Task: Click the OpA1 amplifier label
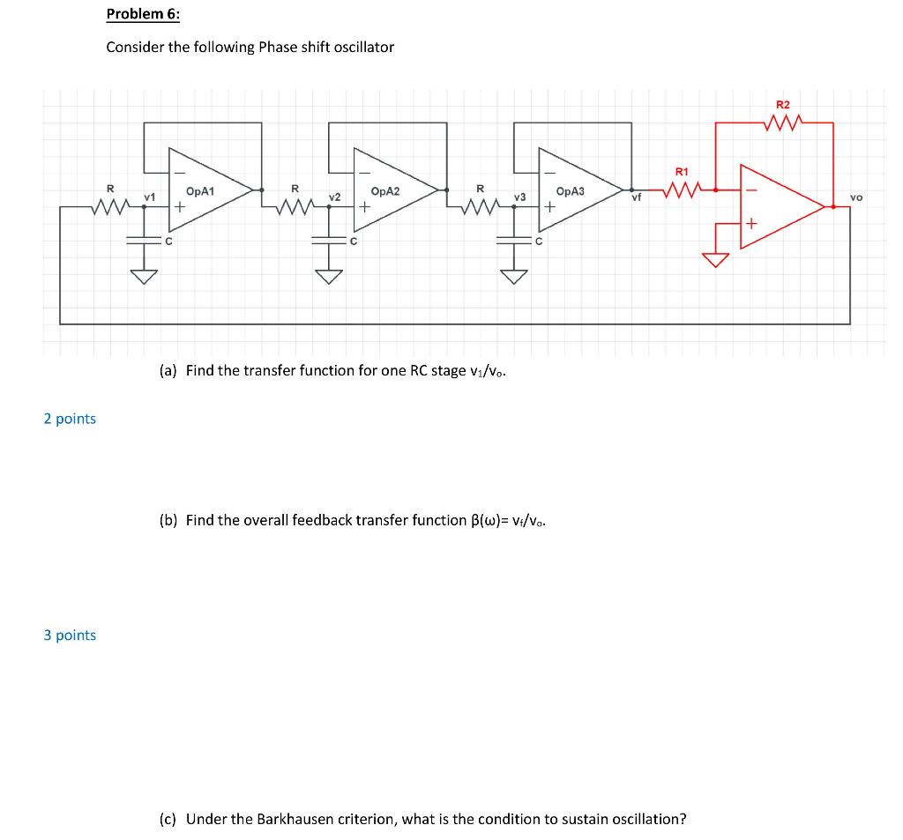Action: tap(202, 190)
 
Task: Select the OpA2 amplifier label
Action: tap(386, 190)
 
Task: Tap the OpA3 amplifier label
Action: tap(571, 190)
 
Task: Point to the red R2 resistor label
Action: tap(783, 105)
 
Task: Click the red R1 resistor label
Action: tap(681, 171)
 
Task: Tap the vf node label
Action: tap(636, 200)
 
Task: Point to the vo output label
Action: tap(856, 197)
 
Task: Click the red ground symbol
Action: tap(715, 259)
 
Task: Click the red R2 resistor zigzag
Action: tap(784, 123)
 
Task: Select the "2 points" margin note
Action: tap(70, 419)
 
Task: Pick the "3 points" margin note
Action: tap(70, 636)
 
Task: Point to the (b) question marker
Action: tap(168, 520)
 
